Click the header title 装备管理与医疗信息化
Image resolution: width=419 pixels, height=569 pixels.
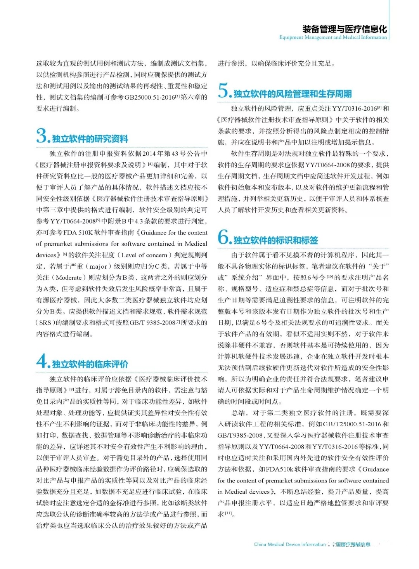point(345,29)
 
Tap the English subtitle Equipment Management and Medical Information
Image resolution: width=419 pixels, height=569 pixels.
point(333,37)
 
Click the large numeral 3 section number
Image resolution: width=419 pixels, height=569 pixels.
point(42,135)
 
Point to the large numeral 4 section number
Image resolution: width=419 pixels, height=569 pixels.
point(42,361)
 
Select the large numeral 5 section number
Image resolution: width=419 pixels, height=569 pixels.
point(224,90)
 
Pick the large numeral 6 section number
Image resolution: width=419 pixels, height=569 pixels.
point(224,237)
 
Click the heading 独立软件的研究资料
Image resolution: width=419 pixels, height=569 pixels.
point(90,139)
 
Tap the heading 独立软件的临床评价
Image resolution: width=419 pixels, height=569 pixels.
point(90,364)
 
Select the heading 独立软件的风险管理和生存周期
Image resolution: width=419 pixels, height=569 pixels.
point(293,94)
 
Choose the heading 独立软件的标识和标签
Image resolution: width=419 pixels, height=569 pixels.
point(275,241)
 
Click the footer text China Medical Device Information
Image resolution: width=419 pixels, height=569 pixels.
point(290,544)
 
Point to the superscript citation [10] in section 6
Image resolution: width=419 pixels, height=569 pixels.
point(330,276)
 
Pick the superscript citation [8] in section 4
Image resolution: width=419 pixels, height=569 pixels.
point(72,389)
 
